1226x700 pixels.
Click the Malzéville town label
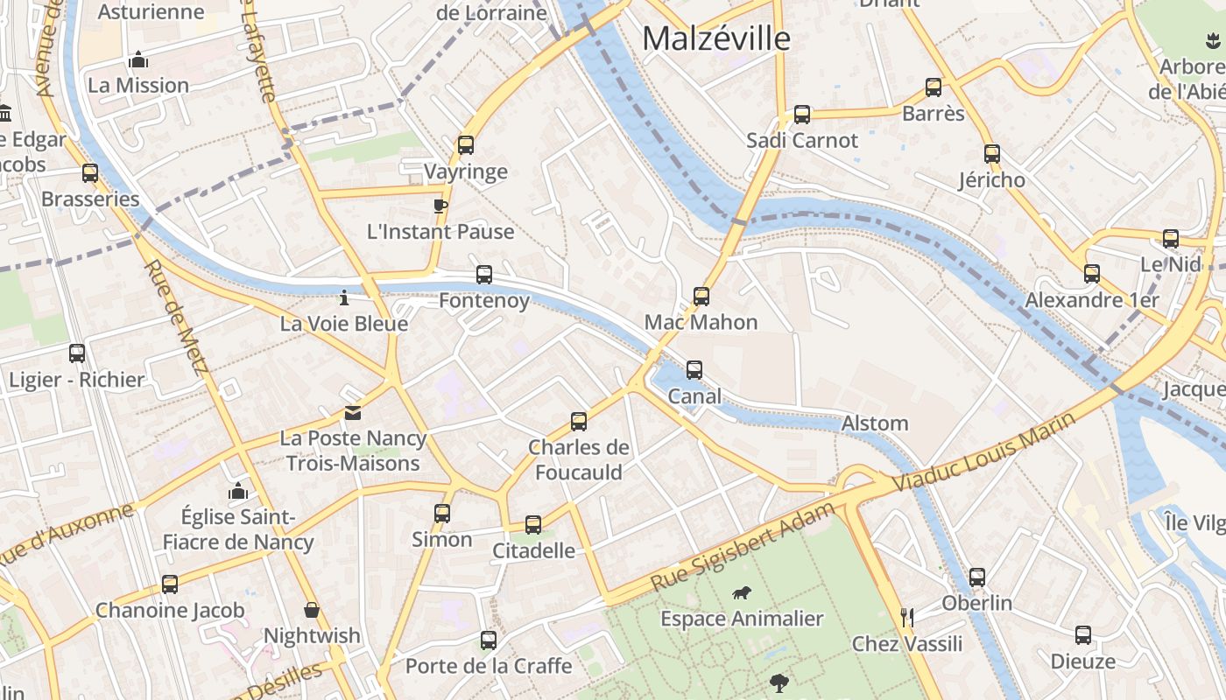click(715, 38)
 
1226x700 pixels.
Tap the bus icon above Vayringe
click(466, 145)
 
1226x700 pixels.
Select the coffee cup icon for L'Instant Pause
click(440, 206)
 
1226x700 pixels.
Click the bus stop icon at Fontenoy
click(484, 275)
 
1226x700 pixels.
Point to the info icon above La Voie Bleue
click(344, 298)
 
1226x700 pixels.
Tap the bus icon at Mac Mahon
click(701, 297)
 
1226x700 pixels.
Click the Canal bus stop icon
click(694, 370)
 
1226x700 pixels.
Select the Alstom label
click(874, 423)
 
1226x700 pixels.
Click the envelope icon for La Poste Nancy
click(353, 413)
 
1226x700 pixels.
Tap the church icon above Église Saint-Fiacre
click(238, 491)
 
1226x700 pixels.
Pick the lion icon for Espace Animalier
click(742, 593)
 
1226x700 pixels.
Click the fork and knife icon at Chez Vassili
click(907, 618)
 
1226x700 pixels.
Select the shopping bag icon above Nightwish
click(312, 610)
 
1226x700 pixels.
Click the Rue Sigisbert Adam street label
click(743, 547)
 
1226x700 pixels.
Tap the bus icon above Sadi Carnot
click(802, 115)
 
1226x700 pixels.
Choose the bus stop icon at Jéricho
click(992, 154)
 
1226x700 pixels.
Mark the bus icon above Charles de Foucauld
click(579, 422)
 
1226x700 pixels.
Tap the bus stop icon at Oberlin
click(977, 577)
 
